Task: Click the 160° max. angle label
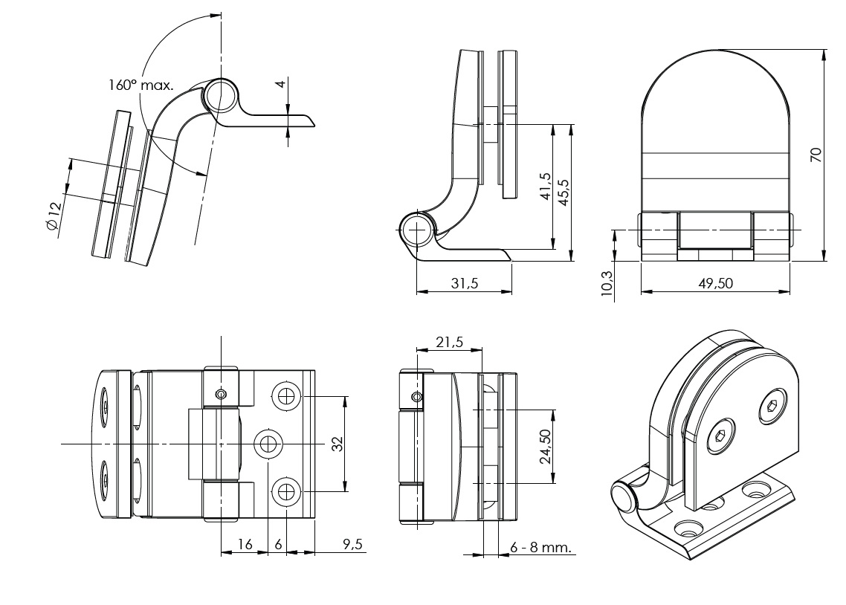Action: pos(141,85)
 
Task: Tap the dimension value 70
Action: pos(816,155)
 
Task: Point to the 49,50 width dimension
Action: pos(714,283)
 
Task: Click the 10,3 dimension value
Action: pos(606,282)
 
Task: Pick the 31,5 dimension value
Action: pos(464,283)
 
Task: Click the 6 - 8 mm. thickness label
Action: pos(540,548)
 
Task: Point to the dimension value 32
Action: pos(337,444)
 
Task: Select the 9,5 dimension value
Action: pos(352,545)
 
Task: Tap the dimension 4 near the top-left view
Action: pos(280,84)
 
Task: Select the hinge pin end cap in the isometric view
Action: pos(622,496)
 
